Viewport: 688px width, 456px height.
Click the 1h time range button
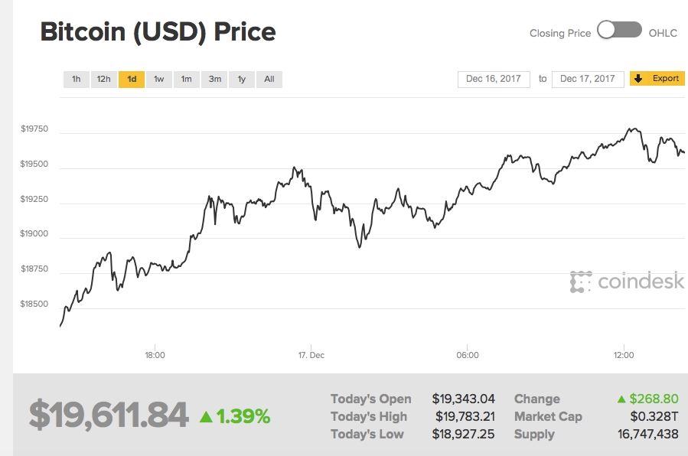click(x=76, y=79)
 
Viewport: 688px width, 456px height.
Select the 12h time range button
click(x=103, y=79)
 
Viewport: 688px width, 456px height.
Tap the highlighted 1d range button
click(x=132, y=79)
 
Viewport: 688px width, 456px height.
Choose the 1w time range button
click(x=158, y=79)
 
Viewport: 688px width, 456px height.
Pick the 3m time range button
click(x=215, y=79)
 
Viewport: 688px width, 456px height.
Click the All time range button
click(x=269, y=79)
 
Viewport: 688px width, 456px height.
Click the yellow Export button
click(x=657, y=79)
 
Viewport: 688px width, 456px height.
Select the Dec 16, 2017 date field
click(x=494, y=79)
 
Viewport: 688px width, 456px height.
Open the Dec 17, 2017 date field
click(x=587, y=79)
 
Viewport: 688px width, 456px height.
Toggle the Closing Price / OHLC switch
click(x=619, y=31)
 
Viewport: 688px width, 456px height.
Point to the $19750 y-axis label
click(x=34, y=129)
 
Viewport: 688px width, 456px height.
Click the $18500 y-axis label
click(x=34, y=304)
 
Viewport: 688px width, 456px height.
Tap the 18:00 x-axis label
click(x=155, y=355)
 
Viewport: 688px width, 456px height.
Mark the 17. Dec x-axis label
click(x=311, y=355)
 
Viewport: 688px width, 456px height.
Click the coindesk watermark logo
click(x=627, y=282)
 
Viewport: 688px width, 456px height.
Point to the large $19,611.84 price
click(x=109, y=415)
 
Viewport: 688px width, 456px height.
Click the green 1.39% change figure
click(x=236, y=416)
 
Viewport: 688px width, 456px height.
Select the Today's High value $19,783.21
click(x=463, y=416)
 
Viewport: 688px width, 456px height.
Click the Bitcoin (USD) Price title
click(x=158, y=32)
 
